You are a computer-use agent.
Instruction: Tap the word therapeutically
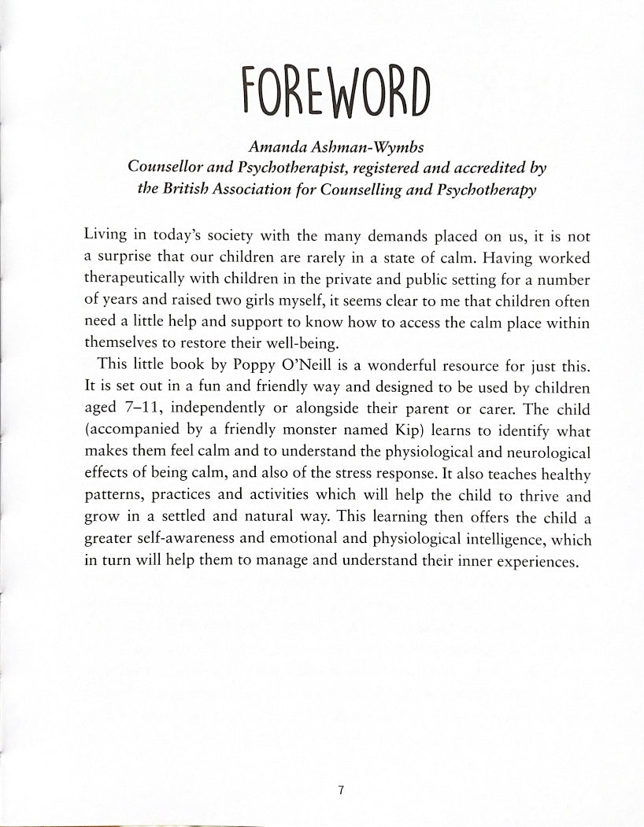coord(131,281)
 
